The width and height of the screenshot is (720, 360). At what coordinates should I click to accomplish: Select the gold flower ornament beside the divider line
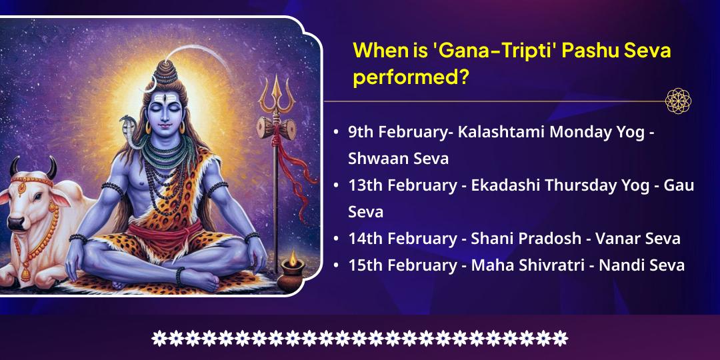[678, 101]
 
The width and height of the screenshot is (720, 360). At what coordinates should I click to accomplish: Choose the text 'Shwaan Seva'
[398, 158]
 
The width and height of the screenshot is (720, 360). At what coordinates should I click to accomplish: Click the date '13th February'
[401, 185]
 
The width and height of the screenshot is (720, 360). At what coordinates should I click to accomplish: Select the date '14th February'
[401, 238]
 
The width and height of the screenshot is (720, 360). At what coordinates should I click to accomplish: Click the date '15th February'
[401, 265]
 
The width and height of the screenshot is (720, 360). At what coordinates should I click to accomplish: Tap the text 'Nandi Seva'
[641, 265]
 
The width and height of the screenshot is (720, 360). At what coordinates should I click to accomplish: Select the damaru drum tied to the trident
[276, 128]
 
